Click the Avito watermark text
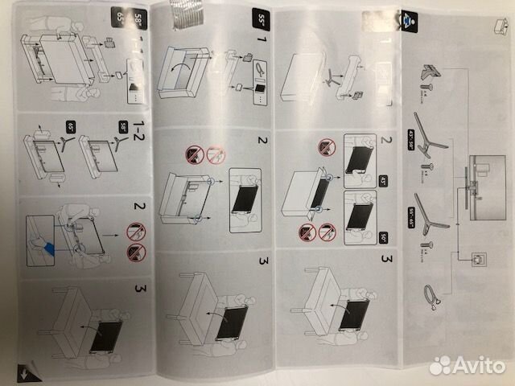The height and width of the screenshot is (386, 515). point(467,365)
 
